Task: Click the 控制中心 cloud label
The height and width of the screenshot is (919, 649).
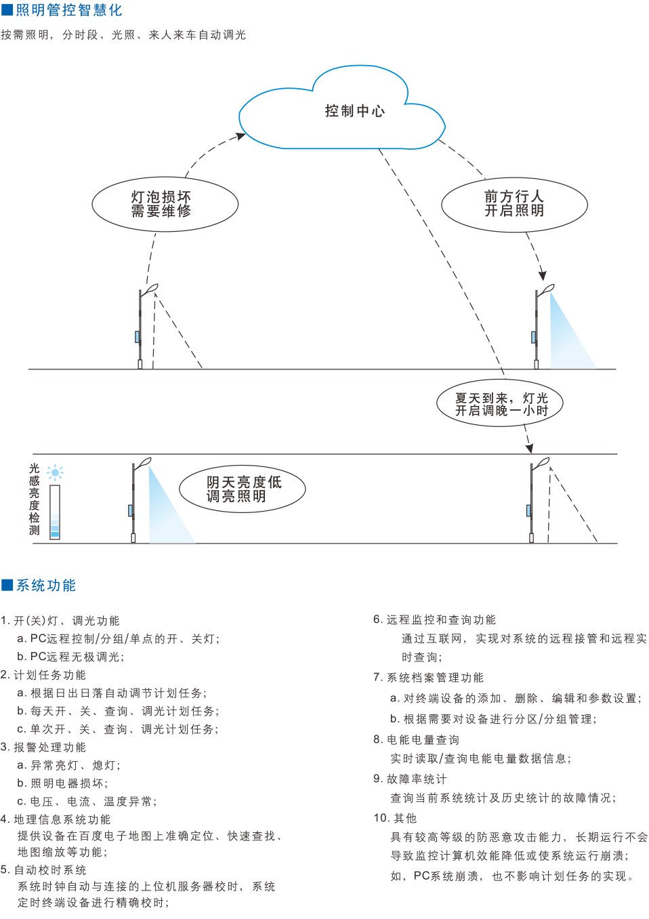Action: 354,111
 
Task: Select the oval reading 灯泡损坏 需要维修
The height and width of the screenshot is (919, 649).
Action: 165,204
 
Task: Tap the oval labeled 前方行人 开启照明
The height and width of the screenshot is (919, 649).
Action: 514,204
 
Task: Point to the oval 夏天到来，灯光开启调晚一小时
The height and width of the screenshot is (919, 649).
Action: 501,404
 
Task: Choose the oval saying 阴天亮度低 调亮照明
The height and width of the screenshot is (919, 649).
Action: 242,489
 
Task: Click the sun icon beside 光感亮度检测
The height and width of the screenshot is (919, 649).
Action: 55,472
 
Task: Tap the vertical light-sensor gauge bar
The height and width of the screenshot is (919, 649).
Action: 55,512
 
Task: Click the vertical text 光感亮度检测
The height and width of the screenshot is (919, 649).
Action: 35,499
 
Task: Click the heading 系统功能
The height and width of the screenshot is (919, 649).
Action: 46,585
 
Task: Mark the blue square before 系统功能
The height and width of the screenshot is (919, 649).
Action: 7,585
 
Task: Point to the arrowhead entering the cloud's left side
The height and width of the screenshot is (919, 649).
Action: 240,136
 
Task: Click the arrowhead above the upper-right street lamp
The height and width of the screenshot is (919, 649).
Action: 543,275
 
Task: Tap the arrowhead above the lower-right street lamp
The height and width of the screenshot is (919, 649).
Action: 529,448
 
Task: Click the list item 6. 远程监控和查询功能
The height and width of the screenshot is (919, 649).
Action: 435,619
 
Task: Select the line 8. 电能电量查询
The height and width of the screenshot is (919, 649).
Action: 417,739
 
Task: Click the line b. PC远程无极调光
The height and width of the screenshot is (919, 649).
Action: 70,657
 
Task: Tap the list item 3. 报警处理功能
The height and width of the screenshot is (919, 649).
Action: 43,747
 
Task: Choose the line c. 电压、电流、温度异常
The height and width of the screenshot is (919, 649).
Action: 87,801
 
